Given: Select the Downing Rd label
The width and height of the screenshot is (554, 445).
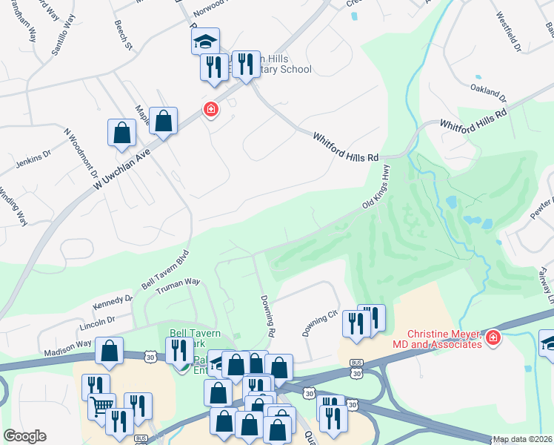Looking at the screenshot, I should tap(267, 316).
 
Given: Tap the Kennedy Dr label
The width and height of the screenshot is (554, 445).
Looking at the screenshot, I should tap(113, 304).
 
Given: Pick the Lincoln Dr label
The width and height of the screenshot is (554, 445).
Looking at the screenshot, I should tap(98, 323).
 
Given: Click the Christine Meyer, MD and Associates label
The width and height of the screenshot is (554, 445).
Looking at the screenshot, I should tap(442, 339).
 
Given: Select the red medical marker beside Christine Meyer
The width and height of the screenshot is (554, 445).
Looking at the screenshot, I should tap(493, 339).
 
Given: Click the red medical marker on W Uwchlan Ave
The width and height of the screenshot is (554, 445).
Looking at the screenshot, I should tap(211, 111).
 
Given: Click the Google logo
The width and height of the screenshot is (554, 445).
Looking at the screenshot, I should tap(25, 435).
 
